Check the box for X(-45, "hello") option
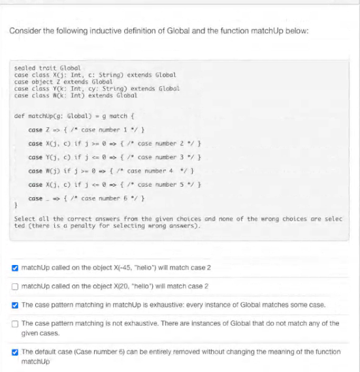(x=14, y=268)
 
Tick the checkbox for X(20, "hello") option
(x=14, y=287)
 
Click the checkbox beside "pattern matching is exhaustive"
(x=14, y=305)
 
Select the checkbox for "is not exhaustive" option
(x=14, y=323)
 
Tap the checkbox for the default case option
(x=14, y=351)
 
